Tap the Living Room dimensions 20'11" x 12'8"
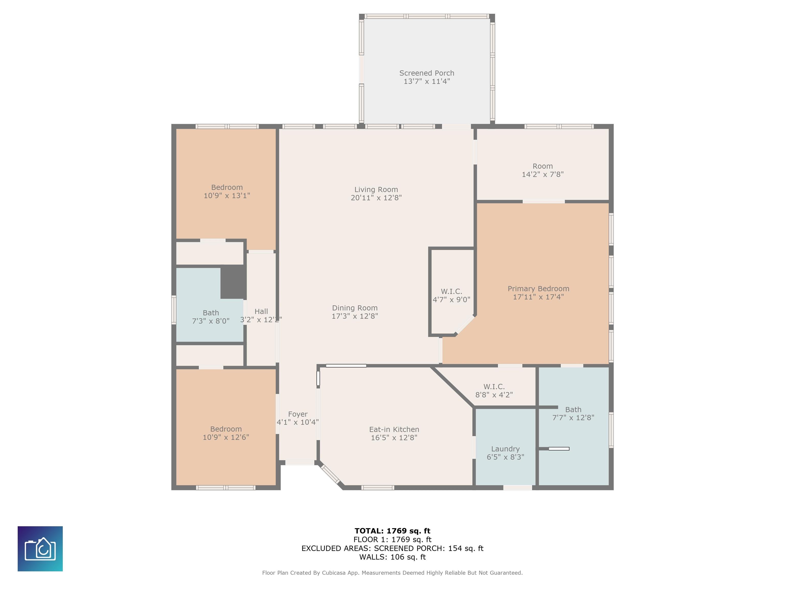tap(376, 198)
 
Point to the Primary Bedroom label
tap(538, 289)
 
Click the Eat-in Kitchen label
tap(394, 429)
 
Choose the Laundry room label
tap(505, 449)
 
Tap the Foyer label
tap(298, 414)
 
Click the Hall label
tap(261, 311)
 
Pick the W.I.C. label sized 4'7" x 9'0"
tap(452, 291)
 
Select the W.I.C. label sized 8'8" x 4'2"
tap(494, 387)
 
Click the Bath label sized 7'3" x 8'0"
tap(211, 313)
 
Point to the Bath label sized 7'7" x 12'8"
tap(573, 410)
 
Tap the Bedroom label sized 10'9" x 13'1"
tap(227, 187)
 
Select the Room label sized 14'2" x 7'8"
tap(542, 166)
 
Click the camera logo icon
tap(40, 549)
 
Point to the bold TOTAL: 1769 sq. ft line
tap(392, 531)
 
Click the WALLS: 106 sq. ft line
tap(392, 557)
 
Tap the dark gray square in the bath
tap(233, 282)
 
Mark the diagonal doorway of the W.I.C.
tap(465, 324)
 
